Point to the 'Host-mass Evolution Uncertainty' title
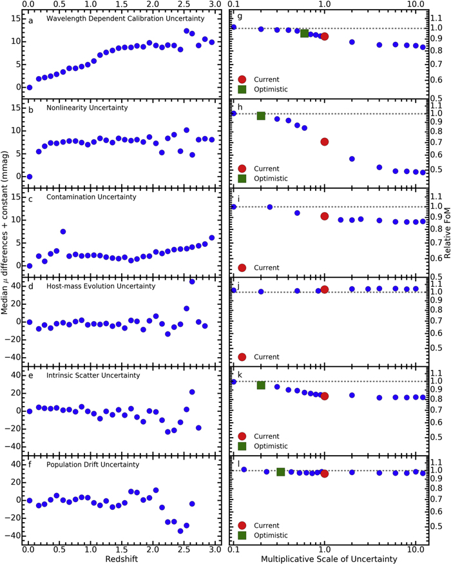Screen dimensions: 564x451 (x=101, y=286)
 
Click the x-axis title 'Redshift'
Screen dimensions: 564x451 (x=121, y=556)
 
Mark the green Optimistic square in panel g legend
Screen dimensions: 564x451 (x=242, y=89)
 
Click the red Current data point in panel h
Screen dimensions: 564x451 (x=325, y=141)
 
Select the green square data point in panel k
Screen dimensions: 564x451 (x=261, y=385)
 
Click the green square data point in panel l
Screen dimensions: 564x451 (x=281, y=472)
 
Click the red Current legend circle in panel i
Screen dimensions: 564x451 (x=242, y=267)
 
